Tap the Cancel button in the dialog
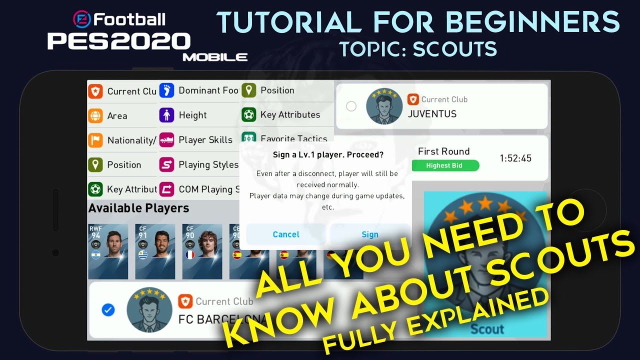pyautogui.click(x=286, y=234)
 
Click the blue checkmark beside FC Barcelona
pyautogui.click(x=108, y=310)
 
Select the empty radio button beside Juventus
pyautogui.click(x=351, y=106)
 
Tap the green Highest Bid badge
pyautogui.click(x=444, y=165)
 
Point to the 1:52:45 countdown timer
pyautogui.click(x=515, y=158)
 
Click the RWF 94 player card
pyautogui.click(x=107, y=251)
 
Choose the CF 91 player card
pyautogui.click(x=155, y=251)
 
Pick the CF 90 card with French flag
pyautogui.click(x=202, y=251)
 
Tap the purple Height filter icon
pyautogui.click(x=166, y=115)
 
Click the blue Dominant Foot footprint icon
pyautogui.click(x=166, y=90)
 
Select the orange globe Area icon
pyautogui.click(x=95, y=116)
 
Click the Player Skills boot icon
pyautogui.click(x=166, y=140)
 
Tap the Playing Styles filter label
pyautogui.click(x=208, y=164)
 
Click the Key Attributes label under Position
pyautogui.click(x=290, y=115)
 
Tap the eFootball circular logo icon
pyautogui.click(x=81, y=19)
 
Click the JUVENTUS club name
pyautogui.click(x=432, y=114)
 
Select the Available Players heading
pyautogui.click(x=139, y=208)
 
